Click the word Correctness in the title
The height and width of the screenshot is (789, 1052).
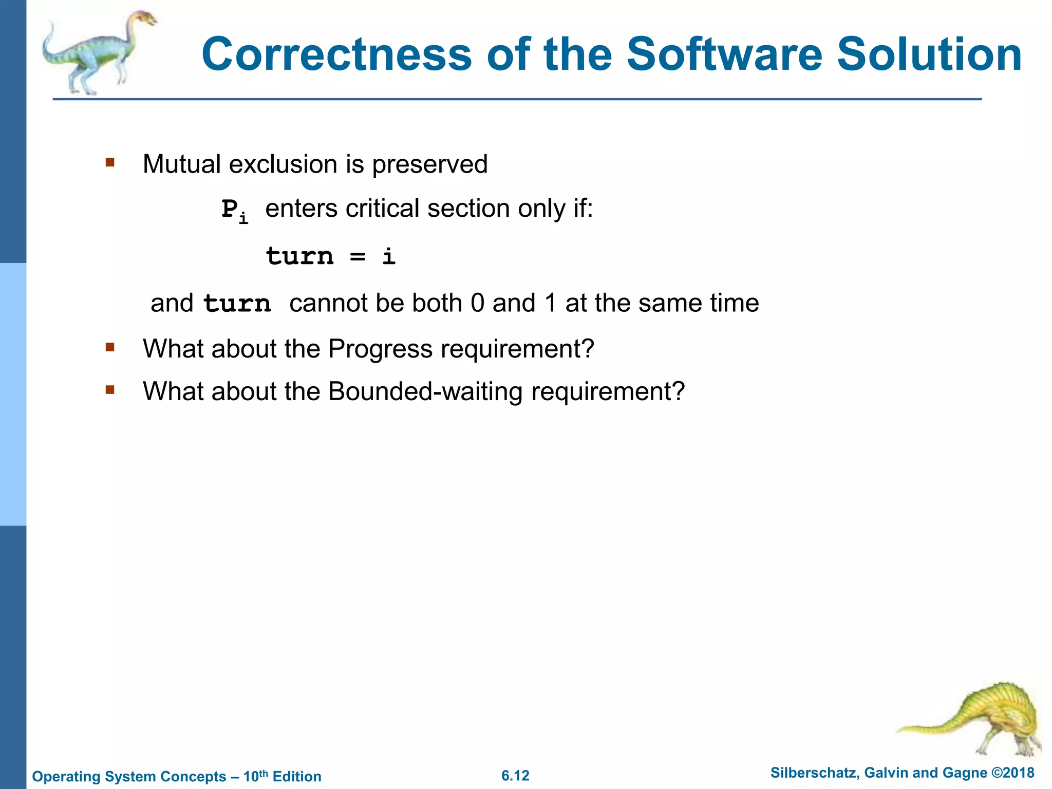[x=336, y=54]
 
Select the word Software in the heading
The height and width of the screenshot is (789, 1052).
[x=724, y=54]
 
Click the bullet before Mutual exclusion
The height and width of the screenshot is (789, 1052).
[x=109, y=163]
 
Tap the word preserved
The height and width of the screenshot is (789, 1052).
[x=429, y=164]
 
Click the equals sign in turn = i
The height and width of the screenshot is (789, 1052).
[x=358, y=256]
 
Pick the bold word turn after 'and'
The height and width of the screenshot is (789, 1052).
[x=237, y=303]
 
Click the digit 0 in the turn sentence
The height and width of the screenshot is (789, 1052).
[x=477, y=303]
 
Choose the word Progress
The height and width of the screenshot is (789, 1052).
[x=380, y=349]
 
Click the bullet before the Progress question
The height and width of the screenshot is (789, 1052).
[x=109, y=348]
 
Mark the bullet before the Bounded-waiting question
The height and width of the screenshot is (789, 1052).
[x=109, y=390]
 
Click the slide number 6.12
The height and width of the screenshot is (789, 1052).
[x=515, y=776]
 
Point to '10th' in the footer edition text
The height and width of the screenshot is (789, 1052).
[x=255, y=776]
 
